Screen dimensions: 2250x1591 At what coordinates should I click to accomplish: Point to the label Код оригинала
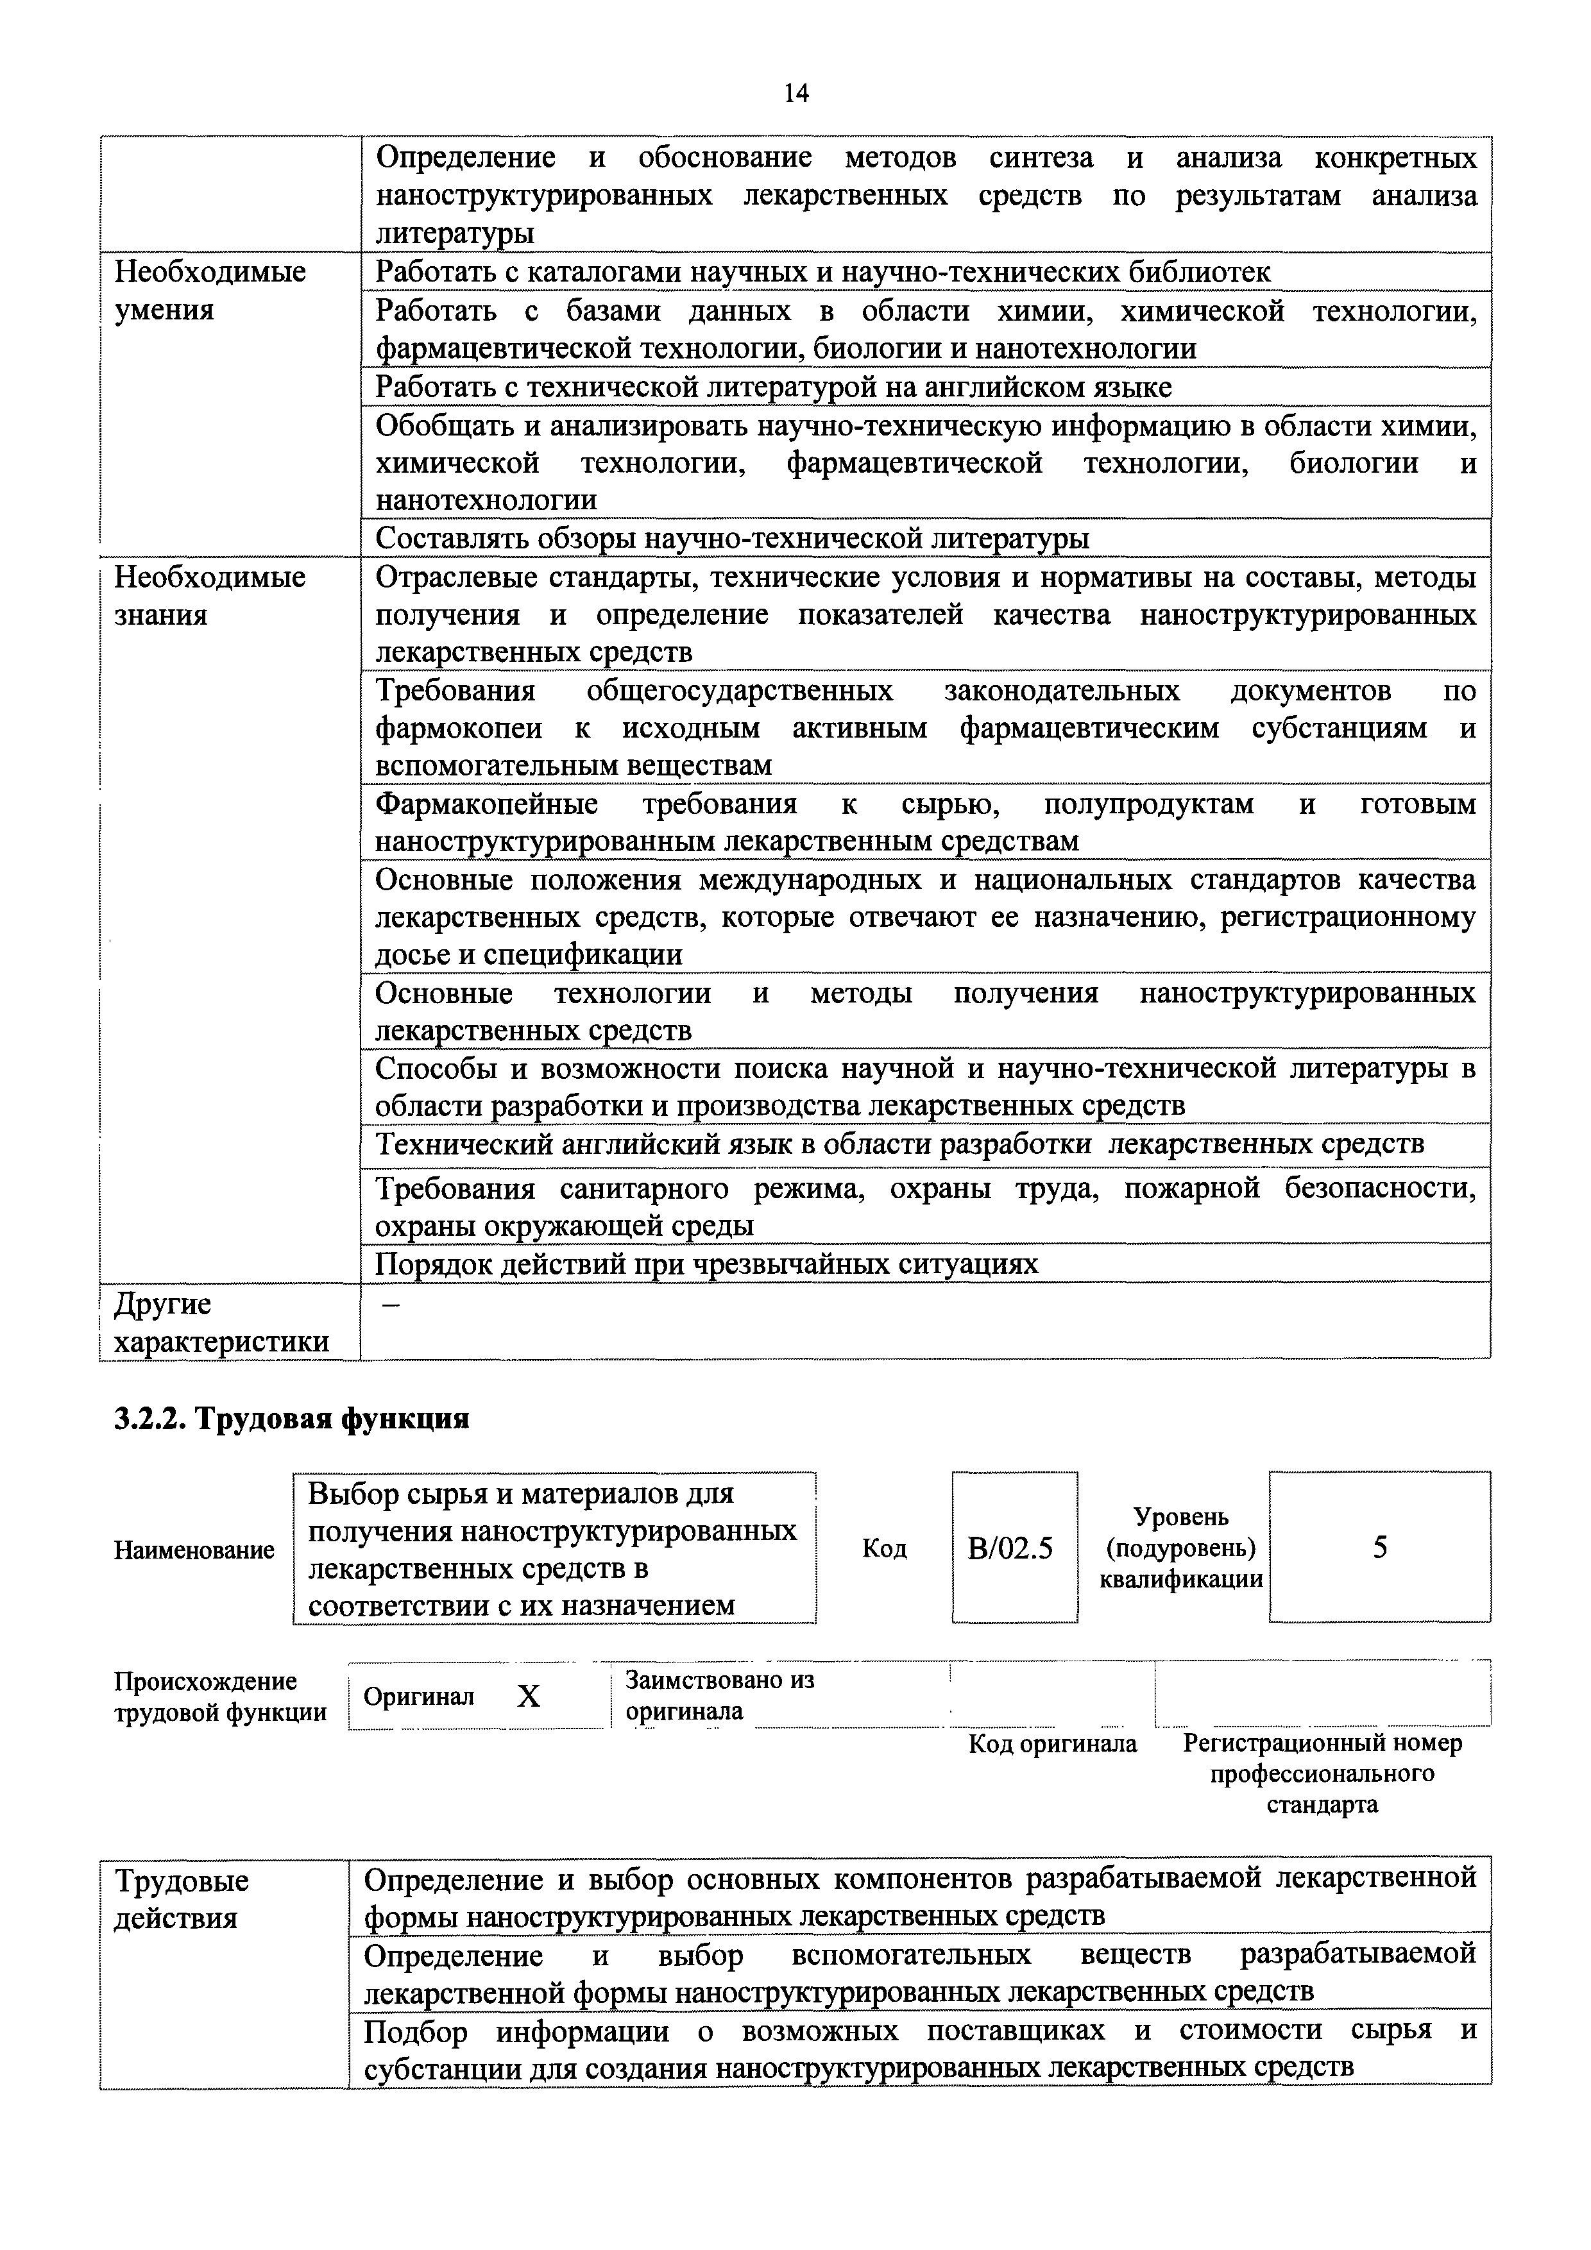[1052, 1745]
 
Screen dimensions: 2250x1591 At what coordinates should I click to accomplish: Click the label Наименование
[194, 1550]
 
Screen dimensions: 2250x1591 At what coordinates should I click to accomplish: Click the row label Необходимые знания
[210, 596]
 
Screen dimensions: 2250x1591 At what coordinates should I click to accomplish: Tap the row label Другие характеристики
[221, 1323]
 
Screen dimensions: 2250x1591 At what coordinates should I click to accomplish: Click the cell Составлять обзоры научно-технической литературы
[732, 538]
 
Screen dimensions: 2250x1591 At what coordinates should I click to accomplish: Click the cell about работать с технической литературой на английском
[774, 387]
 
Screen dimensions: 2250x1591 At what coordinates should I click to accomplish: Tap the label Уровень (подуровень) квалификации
[1180, 1548]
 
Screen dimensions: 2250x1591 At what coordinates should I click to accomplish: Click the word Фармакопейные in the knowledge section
[486, 804]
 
